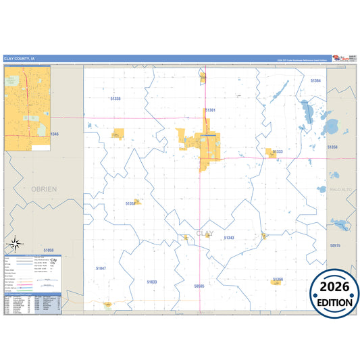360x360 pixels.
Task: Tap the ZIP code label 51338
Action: click(x=115, y=99)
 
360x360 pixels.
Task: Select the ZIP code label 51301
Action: click(x=210, y=109)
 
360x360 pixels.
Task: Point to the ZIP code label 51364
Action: click(x=315, y=80)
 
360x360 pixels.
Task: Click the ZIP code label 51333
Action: click(x=278, y=151)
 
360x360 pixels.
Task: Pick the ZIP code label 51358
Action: click(x=332, y=146)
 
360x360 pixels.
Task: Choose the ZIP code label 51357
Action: click(x=130, y=203)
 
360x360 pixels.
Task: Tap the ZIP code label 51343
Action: click(x=229, y=238)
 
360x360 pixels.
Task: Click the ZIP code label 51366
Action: click(x=278, y=278)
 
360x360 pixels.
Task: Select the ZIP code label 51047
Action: click(x=101, y=268)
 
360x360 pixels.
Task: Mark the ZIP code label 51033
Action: click(x=151, y=282)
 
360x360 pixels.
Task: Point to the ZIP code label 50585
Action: click(x=199, y=286)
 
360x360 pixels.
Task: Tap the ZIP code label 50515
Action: click(x=336, y=246)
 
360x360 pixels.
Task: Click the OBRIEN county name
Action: click(x=44, y=190)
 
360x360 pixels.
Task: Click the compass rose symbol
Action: click(x=15, y=243)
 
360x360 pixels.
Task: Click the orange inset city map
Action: click(x=27, y=108)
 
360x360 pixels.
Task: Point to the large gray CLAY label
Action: click(x=204, y=233)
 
